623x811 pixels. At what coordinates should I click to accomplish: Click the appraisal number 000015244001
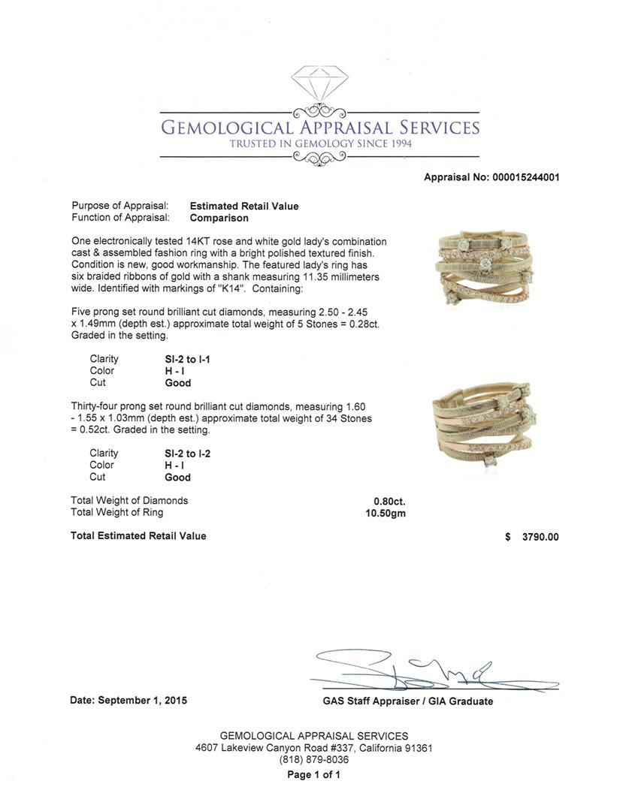click(525, 177)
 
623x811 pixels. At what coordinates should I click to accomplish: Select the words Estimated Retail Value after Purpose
click(244, 206)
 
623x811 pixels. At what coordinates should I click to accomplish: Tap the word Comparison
click(219, 218)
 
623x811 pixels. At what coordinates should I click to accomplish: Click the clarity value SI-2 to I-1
click(187, 359)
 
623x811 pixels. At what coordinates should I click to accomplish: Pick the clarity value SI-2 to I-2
click(188, 454)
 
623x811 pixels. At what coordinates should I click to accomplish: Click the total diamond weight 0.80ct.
click(389, 501)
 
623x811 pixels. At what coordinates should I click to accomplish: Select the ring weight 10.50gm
click(385, 513)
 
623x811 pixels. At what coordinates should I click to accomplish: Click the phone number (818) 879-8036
click(314, 760)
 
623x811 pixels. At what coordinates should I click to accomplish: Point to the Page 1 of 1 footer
click(314, 774)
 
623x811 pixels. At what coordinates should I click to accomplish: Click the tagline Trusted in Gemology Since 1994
click(320, 143)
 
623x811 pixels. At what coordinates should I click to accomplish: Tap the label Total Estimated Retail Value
click(138, 536)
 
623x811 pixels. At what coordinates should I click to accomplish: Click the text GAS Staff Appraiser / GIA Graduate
click(403, 701)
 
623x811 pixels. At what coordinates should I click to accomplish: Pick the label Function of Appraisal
click(120, 218)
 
